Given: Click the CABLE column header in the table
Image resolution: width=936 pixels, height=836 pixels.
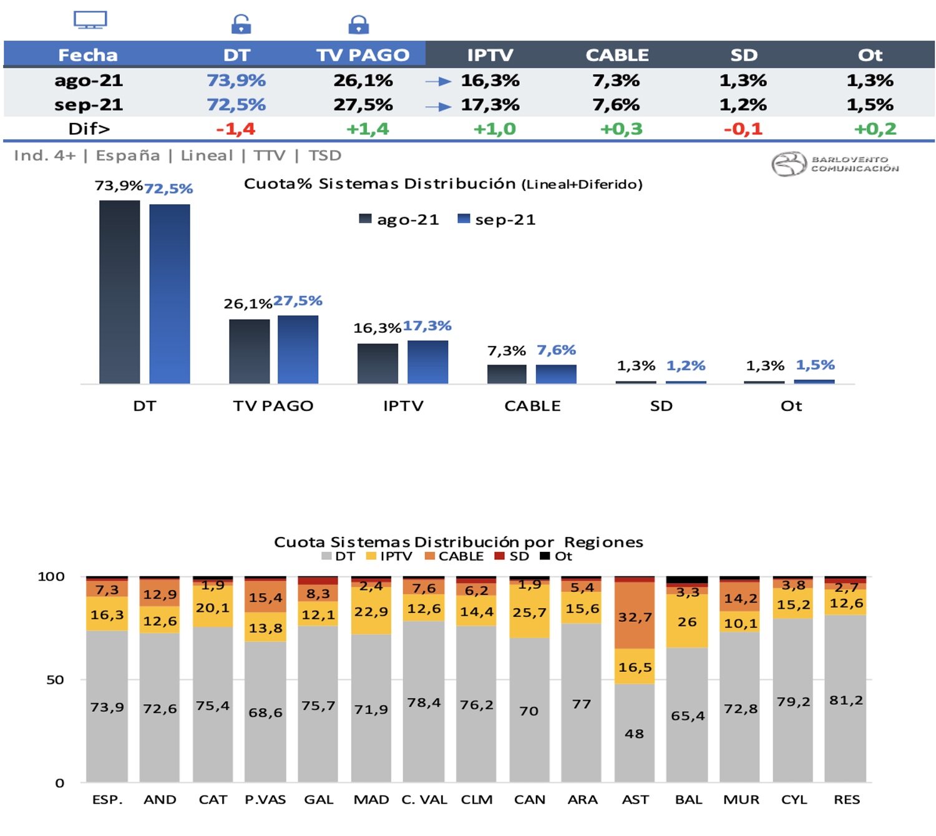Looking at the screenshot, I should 617,55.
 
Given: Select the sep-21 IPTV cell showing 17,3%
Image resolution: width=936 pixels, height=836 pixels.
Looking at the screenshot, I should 490,105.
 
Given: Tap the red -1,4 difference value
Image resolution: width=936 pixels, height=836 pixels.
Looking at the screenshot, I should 235,129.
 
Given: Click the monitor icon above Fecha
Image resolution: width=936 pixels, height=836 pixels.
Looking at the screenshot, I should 90,20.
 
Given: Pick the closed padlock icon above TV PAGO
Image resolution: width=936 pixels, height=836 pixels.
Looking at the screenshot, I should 358,24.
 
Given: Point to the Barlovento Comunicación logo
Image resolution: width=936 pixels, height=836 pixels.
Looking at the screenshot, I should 835,164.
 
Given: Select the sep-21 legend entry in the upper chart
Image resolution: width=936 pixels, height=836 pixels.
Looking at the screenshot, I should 497,220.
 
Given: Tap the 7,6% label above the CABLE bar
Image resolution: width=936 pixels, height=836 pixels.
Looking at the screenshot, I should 556,350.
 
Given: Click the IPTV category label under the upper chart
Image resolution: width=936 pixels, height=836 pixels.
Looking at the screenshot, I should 403,406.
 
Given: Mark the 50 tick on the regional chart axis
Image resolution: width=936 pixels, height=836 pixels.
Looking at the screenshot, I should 55,680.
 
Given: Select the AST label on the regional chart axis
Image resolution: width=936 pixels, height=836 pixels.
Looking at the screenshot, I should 635,800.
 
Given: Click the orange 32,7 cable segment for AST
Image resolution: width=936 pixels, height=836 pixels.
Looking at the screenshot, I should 635,616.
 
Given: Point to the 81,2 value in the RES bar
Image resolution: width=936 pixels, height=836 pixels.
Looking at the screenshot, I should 846,701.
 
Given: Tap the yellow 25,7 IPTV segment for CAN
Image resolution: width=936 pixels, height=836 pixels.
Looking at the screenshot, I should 529,613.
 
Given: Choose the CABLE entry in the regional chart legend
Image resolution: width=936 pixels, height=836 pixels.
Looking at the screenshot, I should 454,556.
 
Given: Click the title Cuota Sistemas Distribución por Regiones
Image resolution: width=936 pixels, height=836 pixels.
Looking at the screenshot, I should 459,542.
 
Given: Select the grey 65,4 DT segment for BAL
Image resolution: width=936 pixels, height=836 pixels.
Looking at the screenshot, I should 687,716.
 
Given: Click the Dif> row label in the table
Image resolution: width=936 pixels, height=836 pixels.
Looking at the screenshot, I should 89,129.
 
